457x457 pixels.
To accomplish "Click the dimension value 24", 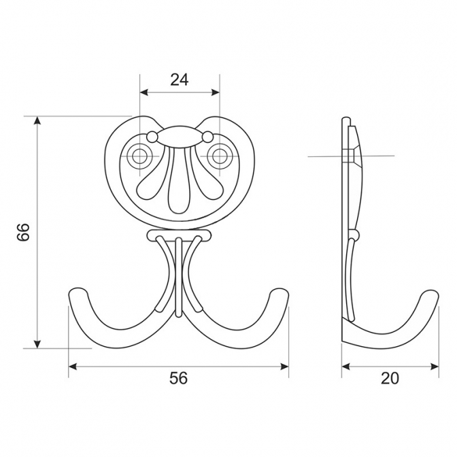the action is point(180,80).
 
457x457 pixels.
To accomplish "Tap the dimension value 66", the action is point(23,232).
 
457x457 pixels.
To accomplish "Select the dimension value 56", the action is point(178,378).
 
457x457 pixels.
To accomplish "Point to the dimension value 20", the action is point(390,378).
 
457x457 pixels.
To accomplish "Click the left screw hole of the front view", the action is point(140,156).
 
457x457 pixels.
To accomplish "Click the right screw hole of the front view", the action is point(219,156).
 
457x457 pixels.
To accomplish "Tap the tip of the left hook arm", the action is point(78,293).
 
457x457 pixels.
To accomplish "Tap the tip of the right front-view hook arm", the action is point(280,293).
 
